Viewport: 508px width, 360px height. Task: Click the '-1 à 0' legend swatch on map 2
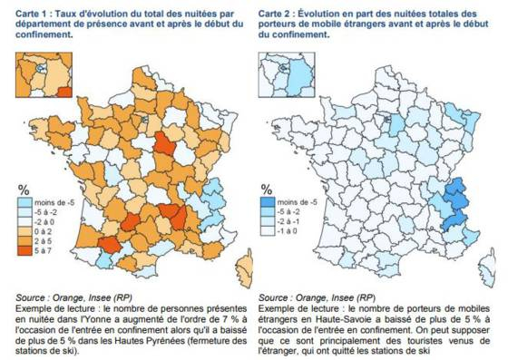(269, 231)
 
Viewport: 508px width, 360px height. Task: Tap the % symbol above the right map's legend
(266, 189)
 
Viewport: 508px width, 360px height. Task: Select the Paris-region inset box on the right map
(285, 73)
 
